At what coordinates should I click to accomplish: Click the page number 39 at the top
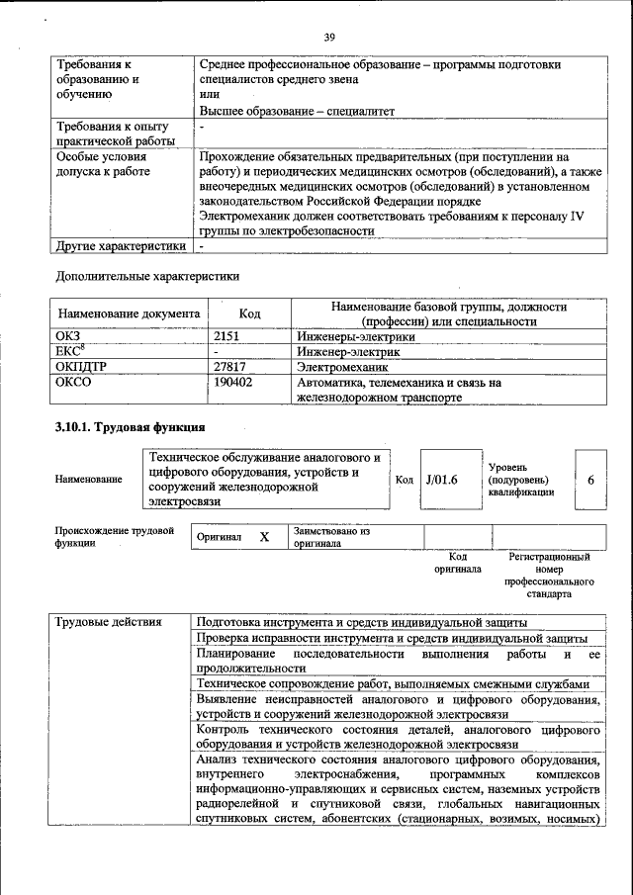[329, 37]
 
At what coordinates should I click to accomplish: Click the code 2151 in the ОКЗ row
[228, 336]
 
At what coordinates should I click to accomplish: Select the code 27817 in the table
[230, 366]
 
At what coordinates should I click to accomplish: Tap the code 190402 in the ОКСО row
[233, 382]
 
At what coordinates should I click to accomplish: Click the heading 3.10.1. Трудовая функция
[129, 427]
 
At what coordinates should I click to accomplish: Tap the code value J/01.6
[441, 480]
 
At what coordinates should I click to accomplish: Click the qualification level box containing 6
[590, 480]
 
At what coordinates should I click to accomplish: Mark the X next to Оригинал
[264, 537]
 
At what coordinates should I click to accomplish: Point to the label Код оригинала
[456, 563]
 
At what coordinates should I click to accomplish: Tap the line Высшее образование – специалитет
[297, 112]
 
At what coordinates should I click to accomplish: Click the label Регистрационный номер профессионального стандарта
[549, 577]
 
